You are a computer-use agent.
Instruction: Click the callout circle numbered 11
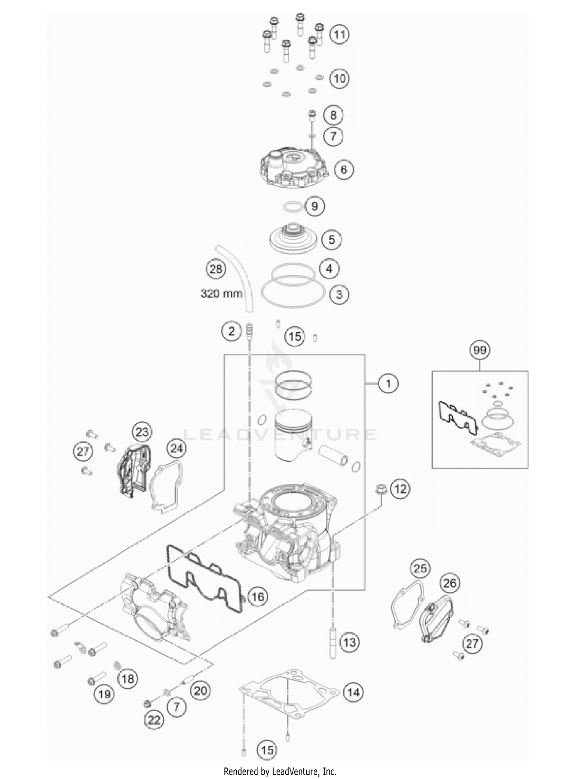[x=339, y=35]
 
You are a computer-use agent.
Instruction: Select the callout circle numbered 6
[x=343, y=170]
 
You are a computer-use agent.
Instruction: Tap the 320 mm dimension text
[x=221, y=293]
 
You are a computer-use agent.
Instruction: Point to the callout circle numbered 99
[x=480, y=350]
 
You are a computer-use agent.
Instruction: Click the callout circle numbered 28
[x=216, y=269]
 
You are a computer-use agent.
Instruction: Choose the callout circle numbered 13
[x=349, y=643]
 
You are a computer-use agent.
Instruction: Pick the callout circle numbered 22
[x=154, y=720]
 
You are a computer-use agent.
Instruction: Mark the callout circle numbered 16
[x=258, y=596]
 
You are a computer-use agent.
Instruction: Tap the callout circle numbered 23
[x=142, y=432]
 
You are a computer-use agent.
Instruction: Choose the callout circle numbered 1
[x=388, y=384]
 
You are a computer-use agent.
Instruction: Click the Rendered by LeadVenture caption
[x=280, y=771]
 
